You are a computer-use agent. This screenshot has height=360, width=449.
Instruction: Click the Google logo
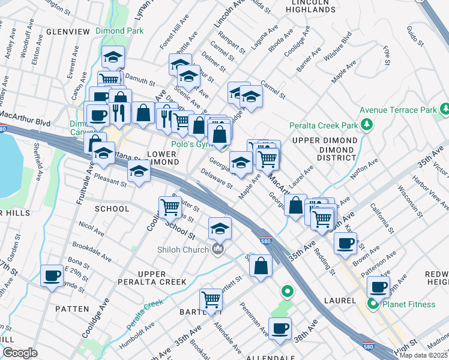click(x=20, y=353)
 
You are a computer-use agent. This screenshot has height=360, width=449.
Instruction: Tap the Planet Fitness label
click(x=408, y=304)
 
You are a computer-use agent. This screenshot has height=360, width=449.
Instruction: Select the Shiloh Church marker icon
click(x=218, y=248)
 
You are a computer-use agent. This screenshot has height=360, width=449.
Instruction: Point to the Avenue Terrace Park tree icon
click(x=444, y=109)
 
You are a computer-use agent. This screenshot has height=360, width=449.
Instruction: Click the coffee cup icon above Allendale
click(x=280, y=328)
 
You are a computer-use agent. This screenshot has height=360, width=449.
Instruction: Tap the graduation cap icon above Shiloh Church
click(x=220, y=228)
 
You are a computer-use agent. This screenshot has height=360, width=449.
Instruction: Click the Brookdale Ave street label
click(x=91, y=251)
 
